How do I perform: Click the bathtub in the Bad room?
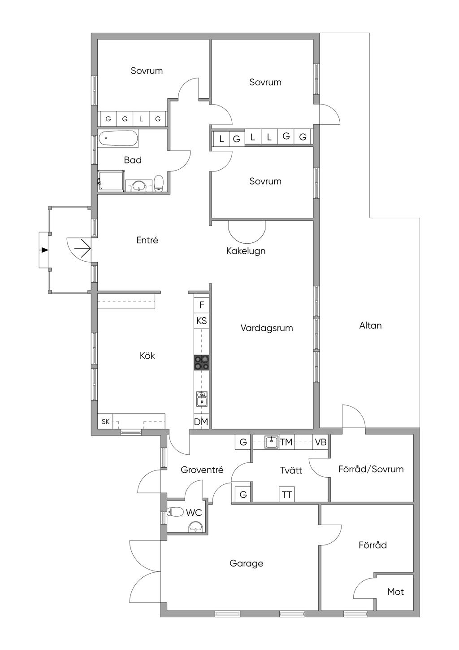118,139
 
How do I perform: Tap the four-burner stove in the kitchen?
202,362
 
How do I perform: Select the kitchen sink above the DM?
202,399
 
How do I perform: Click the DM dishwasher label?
201,422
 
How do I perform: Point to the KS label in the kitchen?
202,321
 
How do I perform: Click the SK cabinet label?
105,422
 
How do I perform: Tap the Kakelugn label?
246,250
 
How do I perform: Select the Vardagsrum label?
266,328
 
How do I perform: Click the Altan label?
370,325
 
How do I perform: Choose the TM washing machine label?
286,442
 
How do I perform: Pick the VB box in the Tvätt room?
320,442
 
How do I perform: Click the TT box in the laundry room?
287,495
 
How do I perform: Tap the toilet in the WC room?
175,512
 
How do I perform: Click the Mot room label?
395,592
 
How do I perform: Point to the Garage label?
246,563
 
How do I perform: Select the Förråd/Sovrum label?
371,469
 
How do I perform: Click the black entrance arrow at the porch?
44,250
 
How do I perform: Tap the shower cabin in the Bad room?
111,181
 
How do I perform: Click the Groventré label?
202,470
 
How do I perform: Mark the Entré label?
147,240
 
